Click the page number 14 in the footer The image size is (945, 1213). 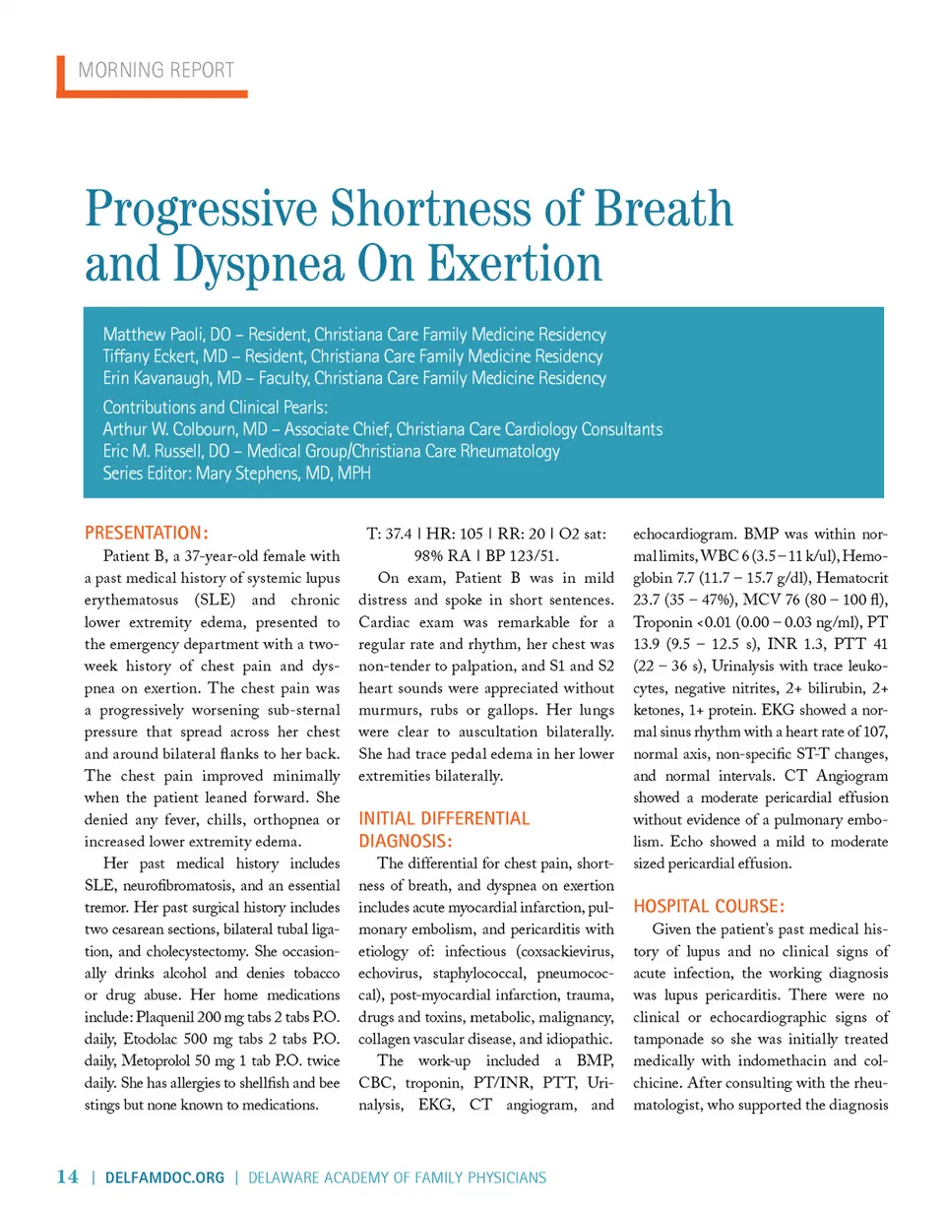67,1177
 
